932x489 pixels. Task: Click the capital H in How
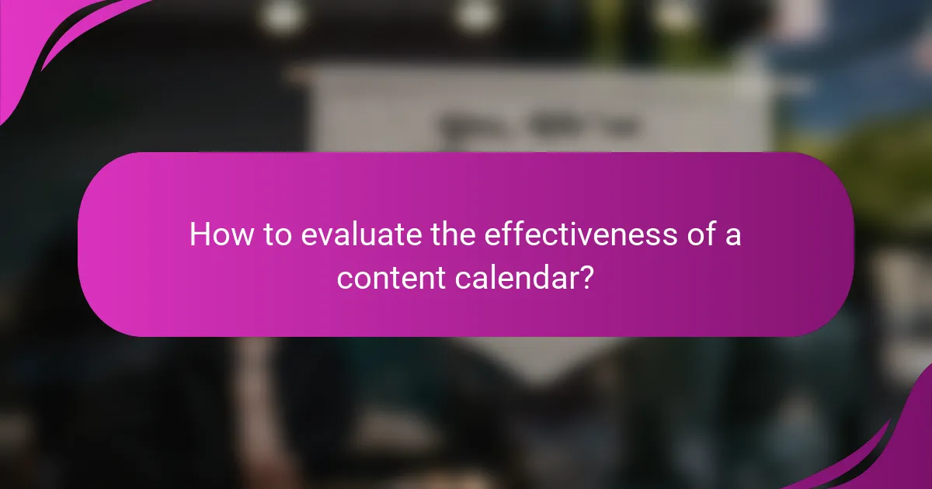[x=199, y=234]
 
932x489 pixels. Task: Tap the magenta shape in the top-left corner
[x=39, y=39]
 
